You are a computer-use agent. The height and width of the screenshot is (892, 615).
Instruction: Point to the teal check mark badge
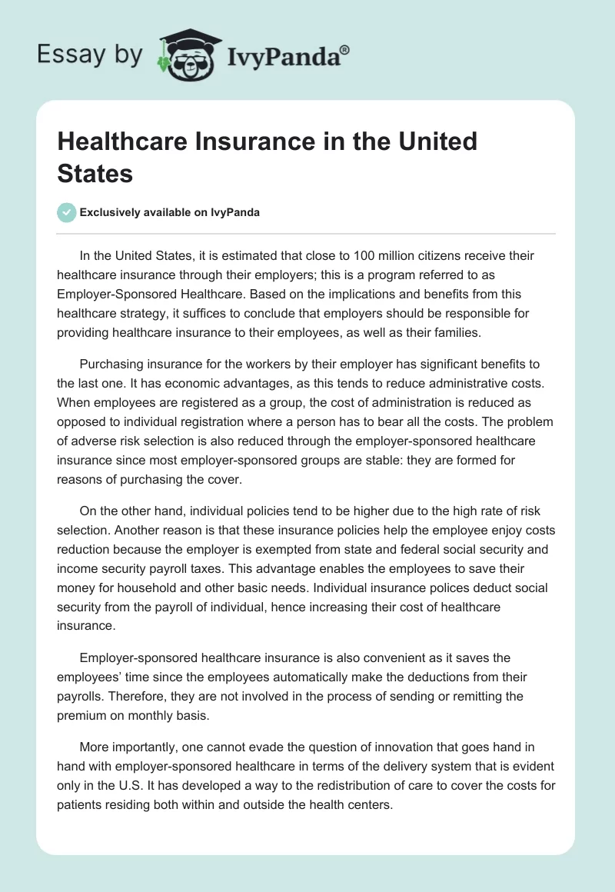click(x=67, y=212)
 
